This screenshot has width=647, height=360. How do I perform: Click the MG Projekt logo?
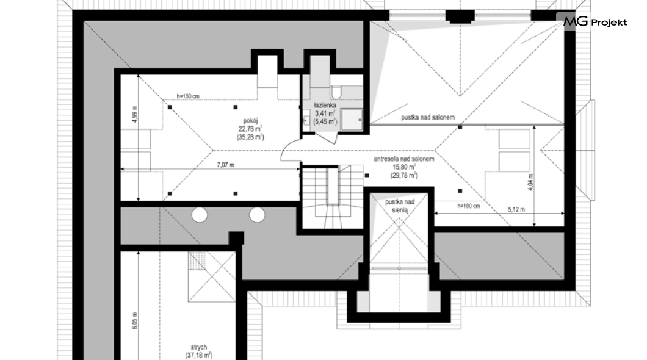point(595,22)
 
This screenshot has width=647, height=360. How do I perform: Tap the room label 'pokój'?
point(250,121)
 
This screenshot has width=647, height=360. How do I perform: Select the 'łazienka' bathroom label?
point(325,105)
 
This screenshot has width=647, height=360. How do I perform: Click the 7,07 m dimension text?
point(225,165)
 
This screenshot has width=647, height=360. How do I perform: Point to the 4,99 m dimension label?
point(135,114)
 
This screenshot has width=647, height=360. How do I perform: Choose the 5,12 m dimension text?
point(516,209)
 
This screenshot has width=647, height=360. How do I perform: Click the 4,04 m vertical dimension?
point(530,181)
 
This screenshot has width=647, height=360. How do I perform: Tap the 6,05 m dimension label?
point(134,321)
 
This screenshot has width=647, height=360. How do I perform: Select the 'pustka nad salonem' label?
point(428,118)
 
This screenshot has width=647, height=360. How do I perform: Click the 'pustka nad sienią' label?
point(400,206)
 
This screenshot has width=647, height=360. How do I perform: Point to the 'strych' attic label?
point(199,347)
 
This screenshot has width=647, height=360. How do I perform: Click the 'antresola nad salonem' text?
point(404,159)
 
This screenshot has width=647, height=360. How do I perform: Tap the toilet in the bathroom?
point(336,92)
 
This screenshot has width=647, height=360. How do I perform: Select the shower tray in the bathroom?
point(352,120)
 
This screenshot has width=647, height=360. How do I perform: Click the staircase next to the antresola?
point(333,196)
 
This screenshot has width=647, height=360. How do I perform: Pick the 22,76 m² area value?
point(250,129)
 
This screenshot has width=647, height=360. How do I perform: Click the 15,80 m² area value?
point(404,167)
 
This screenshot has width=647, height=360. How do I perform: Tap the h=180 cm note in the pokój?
point(188,96)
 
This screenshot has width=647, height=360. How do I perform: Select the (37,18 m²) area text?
point(199,355)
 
